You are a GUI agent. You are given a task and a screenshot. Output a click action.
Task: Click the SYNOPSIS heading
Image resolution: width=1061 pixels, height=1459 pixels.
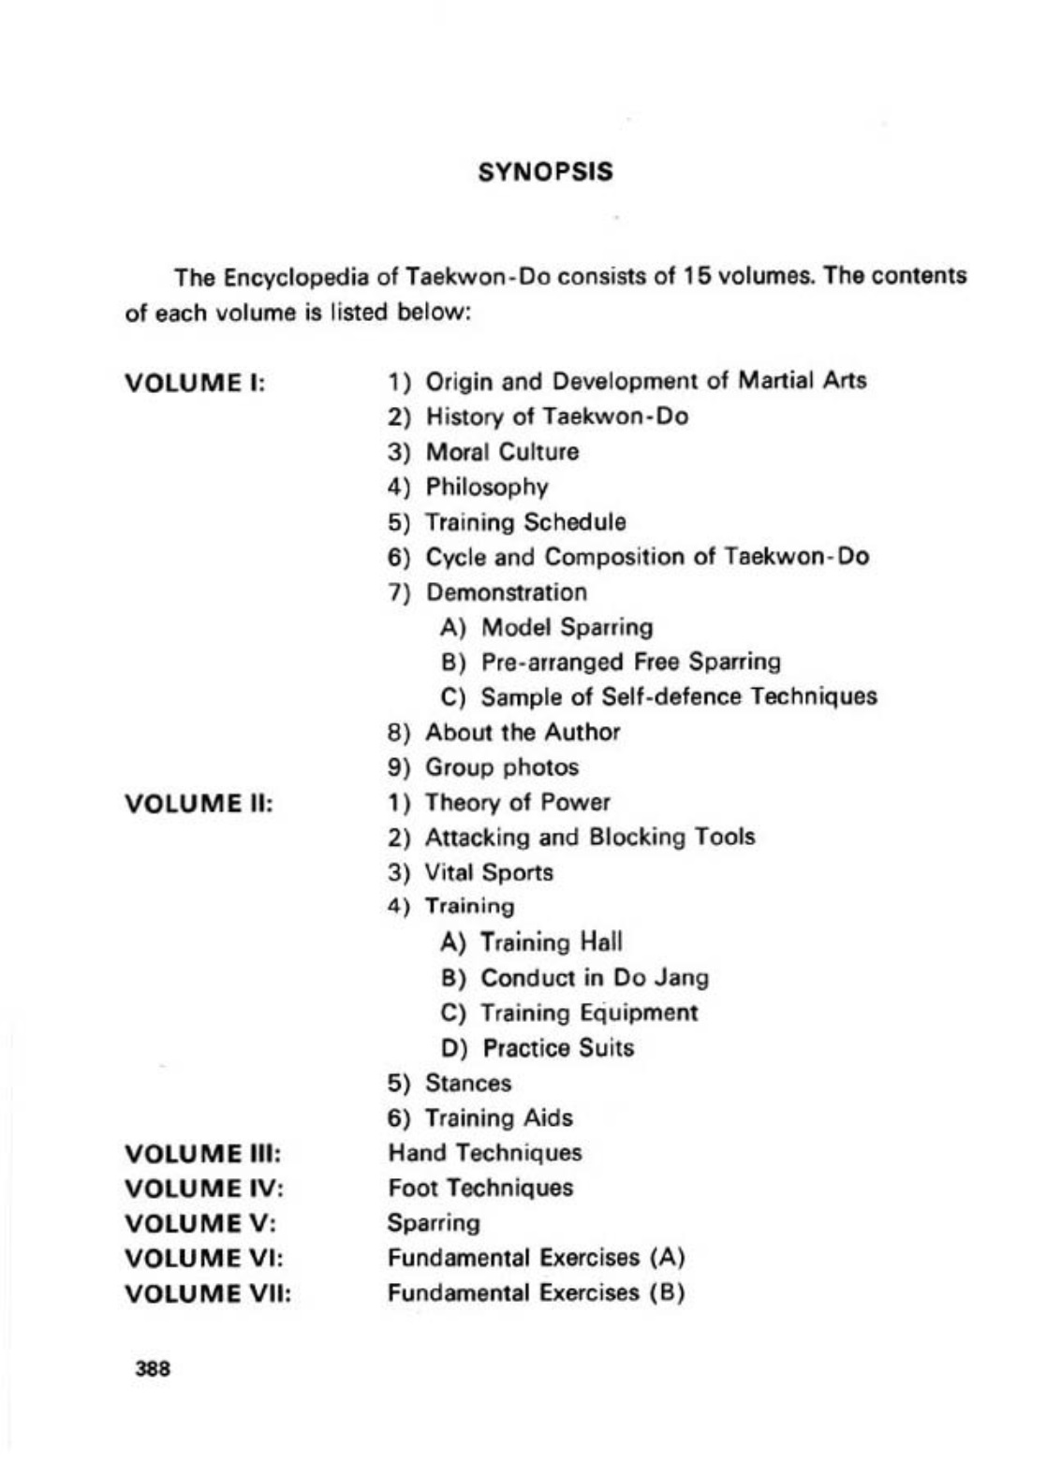(x=545, y=172)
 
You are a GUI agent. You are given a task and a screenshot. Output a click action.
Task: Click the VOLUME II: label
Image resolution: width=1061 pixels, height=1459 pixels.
(x=199, y=804)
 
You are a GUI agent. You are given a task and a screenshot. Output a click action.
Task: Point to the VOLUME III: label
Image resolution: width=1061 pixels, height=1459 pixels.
(x=203, y=1153)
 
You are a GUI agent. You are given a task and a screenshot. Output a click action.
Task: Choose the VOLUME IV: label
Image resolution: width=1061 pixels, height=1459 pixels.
(x=203, y=1189)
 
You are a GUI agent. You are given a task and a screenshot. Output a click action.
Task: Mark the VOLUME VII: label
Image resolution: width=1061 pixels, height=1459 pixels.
(x=207, y=1294)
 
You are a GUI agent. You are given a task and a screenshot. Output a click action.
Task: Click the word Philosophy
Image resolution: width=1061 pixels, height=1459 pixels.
(x=487, y=488)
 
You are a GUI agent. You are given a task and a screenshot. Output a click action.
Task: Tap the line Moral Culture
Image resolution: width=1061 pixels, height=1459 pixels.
(x=502, y=452)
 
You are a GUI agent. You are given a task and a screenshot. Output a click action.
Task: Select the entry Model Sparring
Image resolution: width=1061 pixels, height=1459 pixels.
(x=567, y=627)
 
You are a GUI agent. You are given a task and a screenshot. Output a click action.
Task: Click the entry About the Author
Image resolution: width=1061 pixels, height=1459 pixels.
(x=523, y=732)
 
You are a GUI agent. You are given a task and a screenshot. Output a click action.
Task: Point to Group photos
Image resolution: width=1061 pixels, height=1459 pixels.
(x=502, y=767)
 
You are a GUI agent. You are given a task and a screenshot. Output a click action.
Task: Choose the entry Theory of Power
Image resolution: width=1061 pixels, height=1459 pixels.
(x=517, y=803)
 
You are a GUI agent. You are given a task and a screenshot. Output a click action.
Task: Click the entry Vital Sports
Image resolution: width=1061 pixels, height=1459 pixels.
(x=489, y=873)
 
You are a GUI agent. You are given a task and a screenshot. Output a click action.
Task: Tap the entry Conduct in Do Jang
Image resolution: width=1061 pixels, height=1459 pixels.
(x=595, y=978)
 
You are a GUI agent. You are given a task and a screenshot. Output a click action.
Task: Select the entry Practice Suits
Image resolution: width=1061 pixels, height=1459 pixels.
(x=558, y=1048)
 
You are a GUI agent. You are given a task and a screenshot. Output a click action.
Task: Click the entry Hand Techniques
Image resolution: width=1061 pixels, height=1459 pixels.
(x=485, y=1153)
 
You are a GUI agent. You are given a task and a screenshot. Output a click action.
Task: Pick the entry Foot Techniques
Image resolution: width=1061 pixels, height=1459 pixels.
(x=480, y=1189)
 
